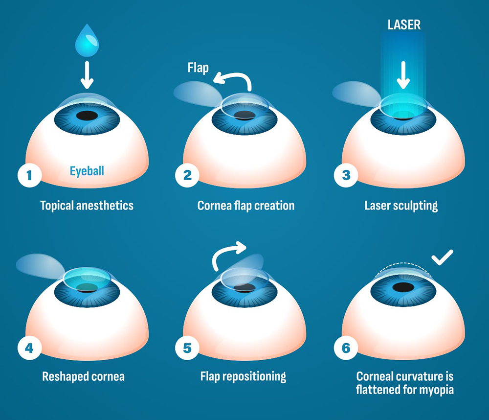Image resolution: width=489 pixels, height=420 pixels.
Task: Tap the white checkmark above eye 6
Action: (x=442, y=257)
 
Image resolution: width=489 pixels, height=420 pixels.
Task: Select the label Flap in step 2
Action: (x=198, y=68)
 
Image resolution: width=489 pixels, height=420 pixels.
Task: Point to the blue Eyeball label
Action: (x=87, y=171)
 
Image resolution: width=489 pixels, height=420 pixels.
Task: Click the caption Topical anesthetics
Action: (x=87, y=205)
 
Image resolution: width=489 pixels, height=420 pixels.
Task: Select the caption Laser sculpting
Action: (x=401, y=205)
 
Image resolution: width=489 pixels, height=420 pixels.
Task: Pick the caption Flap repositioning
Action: (x=243, y=376)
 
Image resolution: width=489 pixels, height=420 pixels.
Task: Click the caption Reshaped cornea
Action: (x=83, y=376)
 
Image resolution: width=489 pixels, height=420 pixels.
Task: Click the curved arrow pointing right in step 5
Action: (x=227, y=252)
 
